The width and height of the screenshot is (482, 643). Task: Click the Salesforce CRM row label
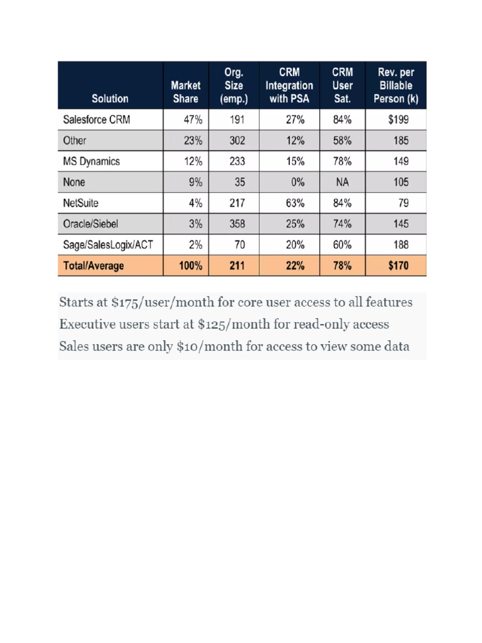coord(97,119)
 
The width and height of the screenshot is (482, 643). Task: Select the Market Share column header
coord(185,92)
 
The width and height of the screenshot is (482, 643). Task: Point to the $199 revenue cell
coord(399,119)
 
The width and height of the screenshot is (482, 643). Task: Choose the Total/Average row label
coord(94,266)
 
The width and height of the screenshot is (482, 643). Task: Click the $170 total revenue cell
coord(398,266)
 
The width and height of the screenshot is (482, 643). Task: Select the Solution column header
coord(110,98)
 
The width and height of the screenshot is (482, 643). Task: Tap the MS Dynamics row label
coord(92,161)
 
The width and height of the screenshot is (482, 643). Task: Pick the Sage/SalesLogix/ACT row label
coord(108,244)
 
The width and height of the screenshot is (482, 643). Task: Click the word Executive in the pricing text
coord(86,325)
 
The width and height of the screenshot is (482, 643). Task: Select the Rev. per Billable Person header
coord(395,85)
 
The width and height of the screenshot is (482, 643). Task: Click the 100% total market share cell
coord(190,266)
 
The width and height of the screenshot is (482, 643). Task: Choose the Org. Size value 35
coord(236,182)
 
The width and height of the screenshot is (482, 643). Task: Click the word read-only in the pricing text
coord(326,325)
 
